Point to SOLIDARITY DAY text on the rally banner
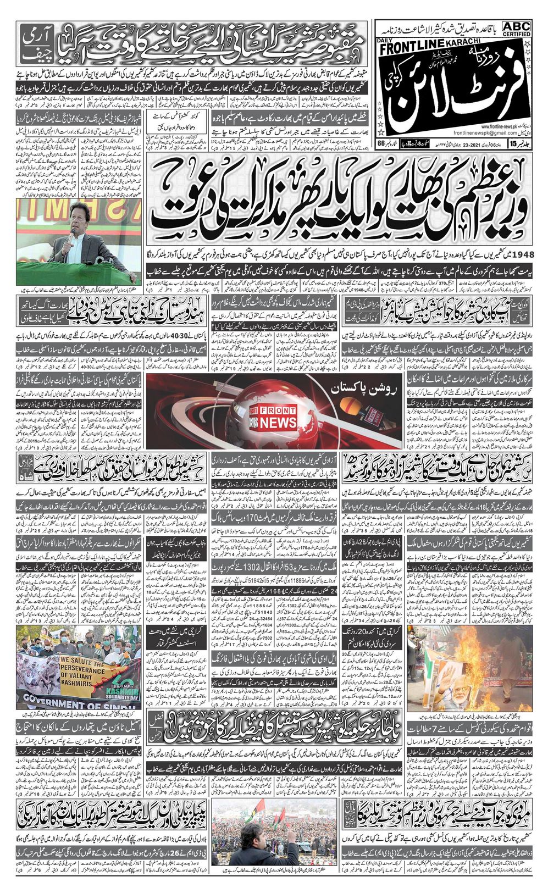point(125,692)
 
